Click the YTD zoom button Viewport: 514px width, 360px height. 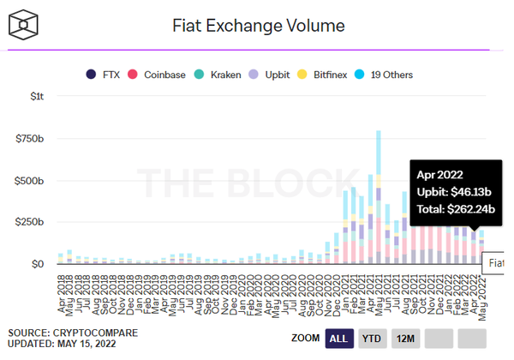[x=371, y=339]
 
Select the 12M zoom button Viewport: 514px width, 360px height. [x=405, y=339]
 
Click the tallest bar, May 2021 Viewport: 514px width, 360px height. [x=378, y=197]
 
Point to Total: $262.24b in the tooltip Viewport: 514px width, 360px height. [x=457, y=208]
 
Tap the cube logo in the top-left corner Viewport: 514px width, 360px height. [x=29, y=24]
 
